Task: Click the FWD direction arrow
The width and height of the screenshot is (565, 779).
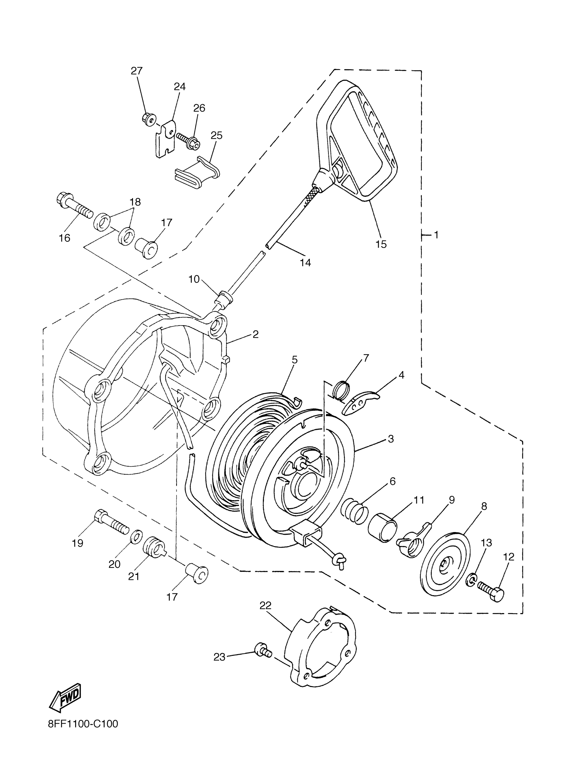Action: tap(65, 697)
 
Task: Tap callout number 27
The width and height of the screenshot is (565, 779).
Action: tap(137, 71)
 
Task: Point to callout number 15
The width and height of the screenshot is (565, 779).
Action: tap(381, 244)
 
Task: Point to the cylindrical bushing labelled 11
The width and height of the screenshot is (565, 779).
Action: tap(383, 529)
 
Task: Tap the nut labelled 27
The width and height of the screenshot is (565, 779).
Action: tap(148, 119)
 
